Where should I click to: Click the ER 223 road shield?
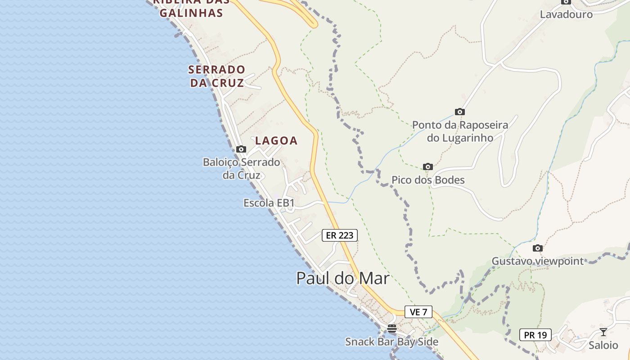coord(340,235)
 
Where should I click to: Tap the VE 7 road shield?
coord(418,311)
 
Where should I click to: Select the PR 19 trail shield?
coord(535,335)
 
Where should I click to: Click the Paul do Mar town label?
coord(342,278)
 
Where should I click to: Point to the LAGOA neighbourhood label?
coord(276,140)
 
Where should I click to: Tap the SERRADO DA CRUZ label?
coord(217,76)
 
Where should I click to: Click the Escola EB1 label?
coord(269,203)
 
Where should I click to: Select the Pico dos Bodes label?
coord(428,180)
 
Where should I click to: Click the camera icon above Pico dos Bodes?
coord(428,167)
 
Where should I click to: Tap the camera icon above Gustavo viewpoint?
coord(537,248)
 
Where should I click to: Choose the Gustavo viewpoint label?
coord(537,261)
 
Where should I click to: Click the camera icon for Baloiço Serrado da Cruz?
coord(241,149)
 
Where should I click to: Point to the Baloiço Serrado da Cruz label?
coord(242,168)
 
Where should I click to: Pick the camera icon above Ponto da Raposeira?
coord(459,112)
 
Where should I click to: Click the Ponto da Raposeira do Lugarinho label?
coord(460,131)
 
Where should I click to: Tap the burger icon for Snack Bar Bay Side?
coord(392,328)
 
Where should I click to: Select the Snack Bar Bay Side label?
coord(391,342)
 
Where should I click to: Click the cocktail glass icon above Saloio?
coord(603,332)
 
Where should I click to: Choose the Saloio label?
coord(603,345)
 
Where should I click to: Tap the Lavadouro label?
coord(566,14)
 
